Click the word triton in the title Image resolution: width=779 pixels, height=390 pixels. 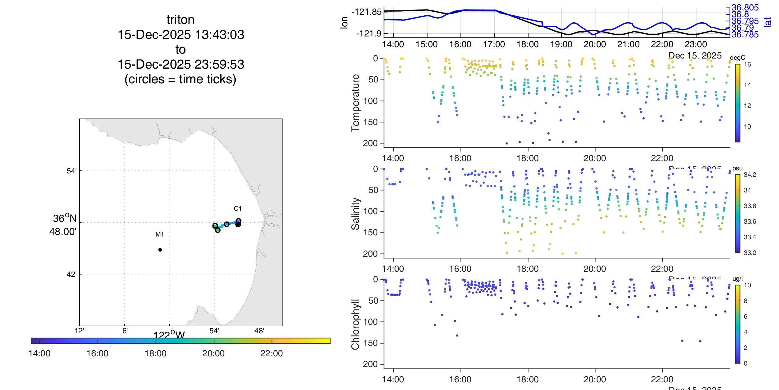(180, 20)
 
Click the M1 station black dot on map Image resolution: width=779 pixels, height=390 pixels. (160, 250)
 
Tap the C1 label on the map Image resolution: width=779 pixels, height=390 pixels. (238, 209)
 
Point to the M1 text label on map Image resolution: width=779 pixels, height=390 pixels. (159, 234)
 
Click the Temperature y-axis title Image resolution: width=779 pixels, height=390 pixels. (355, 103)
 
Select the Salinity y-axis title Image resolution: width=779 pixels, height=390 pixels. (355, 214)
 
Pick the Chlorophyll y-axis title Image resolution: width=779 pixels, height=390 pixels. (355, 324)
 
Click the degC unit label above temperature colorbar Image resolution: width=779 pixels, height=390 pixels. (737, 58)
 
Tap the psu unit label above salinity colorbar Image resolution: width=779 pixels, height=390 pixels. (737, 168)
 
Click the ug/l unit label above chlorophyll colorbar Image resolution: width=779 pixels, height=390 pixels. (737, 279)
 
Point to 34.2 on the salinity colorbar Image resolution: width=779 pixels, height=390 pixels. (750, 175)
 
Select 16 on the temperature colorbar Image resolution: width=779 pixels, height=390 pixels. (747, 64)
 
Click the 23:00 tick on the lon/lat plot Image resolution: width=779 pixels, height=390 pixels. (695, 44)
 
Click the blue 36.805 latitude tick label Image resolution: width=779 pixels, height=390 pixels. (745, 8)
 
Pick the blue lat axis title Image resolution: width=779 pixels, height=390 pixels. (767, 22)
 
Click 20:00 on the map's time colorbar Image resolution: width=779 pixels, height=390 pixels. (213, 354)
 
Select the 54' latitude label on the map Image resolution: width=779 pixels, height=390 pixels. (71, 171)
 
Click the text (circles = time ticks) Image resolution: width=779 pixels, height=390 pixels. (180, 79)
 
